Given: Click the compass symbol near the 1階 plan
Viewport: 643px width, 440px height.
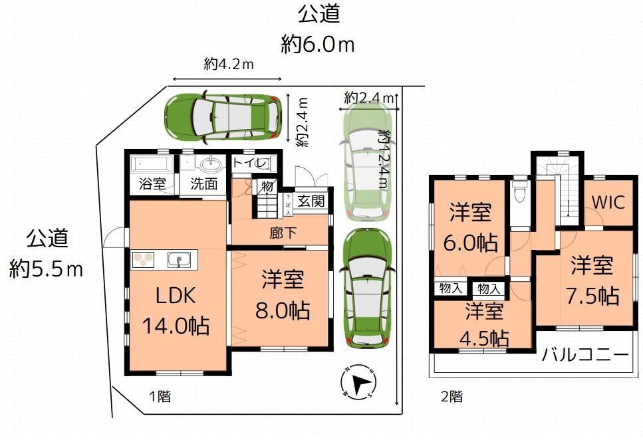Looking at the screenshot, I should click(358, 384).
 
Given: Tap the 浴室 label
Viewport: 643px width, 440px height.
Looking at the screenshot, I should click(152, 184).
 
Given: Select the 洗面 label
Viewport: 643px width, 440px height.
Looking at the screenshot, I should click(203, 184).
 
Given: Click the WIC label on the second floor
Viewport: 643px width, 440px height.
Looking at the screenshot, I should click(608, 202).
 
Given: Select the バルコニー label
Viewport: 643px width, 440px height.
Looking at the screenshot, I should click(584, 354).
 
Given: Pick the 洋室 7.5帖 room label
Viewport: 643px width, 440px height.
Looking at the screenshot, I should click(591, 280).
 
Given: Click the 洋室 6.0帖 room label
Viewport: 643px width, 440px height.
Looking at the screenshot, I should click(471, 227).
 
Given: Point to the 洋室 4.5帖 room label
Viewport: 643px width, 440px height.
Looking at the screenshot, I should click(483, 325).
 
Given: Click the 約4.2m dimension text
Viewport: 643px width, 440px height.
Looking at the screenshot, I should click(229, 64).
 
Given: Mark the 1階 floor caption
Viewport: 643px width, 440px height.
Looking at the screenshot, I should click(159, 397).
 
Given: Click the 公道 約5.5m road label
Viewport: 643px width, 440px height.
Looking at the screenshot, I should click(47, 254).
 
